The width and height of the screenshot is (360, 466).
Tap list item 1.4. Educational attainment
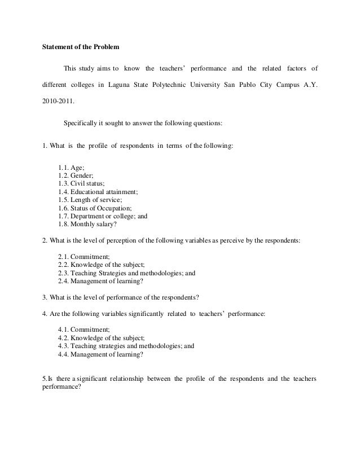pyautogui.click(x=98, y=191)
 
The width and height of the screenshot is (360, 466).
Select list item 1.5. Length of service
pyautogui.click(x=90, y=199)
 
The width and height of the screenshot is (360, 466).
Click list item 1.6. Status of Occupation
pyautogui.click(x=93, y=207)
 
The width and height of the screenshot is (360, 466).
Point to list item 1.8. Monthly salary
pyautogui.click(x=86, y=223)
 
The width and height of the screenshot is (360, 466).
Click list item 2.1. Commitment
pyautogui.click(x=84, y=257)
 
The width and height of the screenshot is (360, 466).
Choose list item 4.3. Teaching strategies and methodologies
pyautogui.click(x=126, y=347)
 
